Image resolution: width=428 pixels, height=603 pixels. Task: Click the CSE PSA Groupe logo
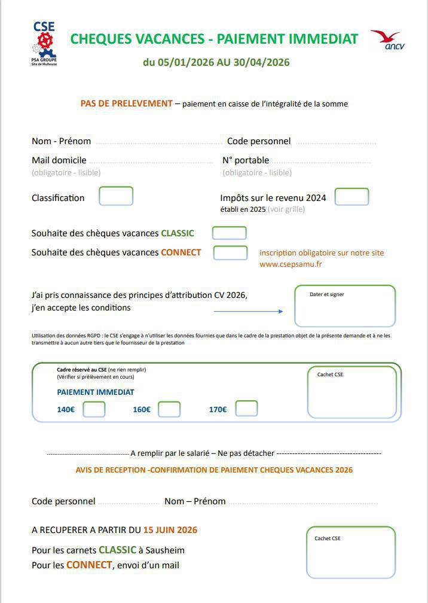tap(44, 43)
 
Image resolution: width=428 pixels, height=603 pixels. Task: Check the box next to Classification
tap(116, 196)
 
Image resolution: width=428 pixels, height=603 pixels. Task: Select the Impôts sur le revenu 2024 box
tap(351, 197)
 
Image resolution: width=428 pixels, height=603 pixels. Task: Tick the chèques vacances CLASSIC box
tap(229, 233)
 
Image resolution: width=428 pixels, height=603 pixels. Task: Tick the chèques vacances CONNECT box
tap(230, 252)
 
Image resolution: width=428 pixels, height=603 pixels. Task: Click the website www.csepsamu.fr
tap(291, 264)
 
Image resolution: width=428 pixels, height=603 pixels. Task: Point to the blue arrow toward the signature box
tap(248, 312)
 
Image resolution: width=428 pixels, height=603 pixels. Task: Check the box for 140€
tap(94, 409)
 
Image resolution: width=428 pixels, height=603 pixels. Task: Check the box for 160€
tap(169, 409)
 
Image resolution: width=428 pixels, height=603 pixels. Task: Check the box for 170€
tap(246, 409)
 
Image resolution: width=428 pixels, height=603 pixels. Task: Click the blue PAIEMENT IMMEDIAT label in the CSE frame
tap(96, 392)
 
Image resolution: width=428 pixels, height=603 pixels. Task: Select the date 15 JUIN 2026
tap(170, 530)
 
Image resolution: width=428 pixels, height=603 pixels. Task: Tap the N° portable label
tap(246, 160)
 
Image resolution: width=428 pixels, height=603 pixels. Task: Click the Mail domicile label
tap(59, 160)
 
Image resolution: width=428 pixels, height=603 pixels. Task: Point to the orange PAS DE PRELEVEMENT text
tap(127, 103)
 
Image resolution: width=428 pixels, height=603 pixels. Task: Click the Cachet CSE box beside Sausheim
tap(351, 553)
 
